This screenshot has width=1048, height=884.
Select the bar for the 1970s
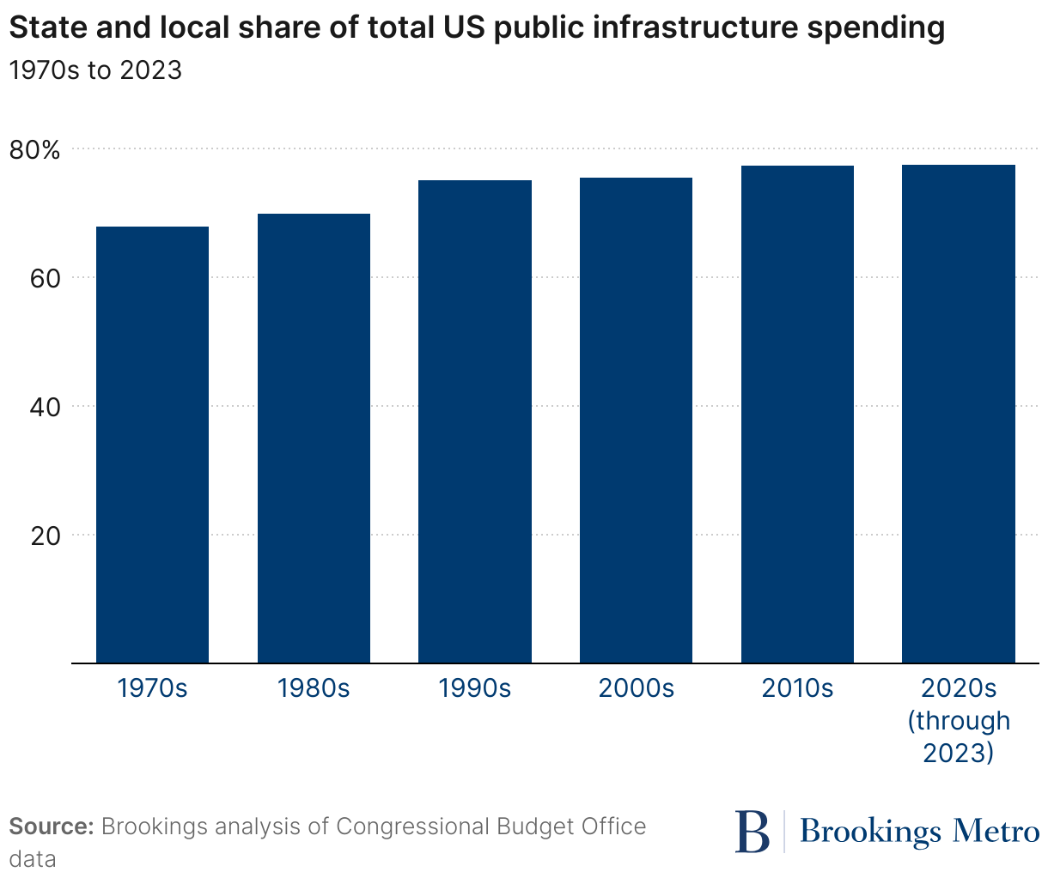[152, 445]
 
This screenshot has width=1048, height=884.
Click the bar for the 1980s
[314, 438]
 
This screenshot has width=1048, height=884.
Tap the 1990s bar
[475, 421]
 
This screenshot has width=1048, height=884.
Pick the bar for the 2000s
[636, 420]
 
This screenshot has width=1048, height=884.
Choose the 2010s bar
[797, 414]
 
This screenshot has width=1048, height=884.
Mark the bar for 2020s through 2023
[959, 414]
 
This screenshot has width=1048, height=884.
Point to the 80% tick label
[35, 151]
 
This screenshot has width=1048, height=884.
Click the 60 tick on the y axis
[46, 279]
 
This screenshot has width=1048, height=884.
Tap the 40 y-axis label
[46, 408]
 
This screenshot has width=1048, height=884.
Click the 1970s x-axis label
[152, 688]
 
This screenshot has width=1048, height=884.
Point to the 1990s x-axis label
[475, 688]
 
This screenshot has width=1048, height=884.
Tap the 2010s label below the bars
[797, 688]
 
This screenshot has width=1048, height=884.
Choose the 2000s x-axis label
[636, 688]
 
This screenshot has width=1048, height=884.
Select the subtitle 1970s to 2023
[95, 70]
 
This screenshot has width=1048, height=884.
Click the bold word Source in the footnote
[51, 826]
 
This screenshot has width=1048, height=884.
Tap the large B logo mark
[753, 831]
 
